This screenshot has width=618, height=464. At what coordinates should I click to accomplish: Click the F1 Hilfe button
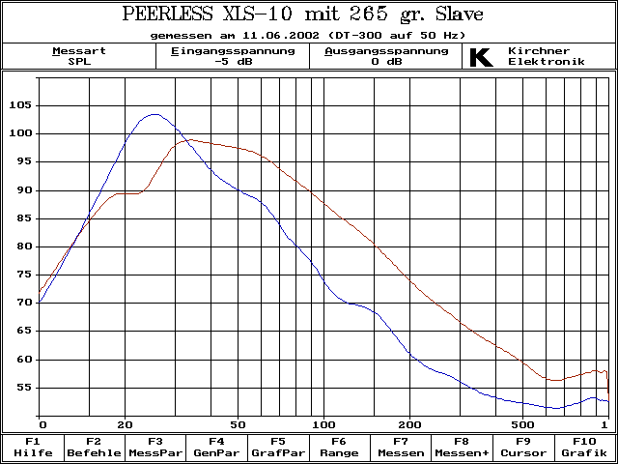coord(33,447)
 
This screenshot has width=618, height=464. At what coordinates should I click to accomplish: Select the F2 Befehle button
coord(94,447)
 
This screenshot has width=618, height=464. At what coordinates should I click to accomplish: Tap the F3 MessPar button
coord(155,447)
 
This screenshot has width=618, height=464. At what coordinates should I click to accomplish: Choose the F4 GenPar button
coord(216,447)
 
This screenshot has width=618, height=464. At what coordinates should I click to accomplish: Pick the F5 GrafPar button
coord(277,447)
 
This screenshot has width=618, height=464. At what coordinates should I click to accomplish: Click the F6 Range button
coord(339,447)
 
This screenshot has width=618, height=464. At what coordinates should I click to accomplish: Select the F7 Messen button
coord(400,447)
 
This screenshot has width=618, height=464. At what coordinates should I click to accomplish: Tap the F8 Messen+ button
coord(461,447)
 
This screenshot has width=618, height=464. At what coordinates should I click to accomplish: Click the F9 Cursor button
coord(522,447)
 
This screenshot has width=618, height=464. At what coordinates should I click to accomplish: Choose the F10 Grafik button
coord(583,447)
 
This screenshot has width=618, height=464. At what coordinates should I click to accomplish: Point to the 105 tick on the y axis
coord(21,105)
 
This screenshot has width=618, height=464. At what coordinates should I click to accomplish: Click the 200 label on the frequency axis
coord(411,424)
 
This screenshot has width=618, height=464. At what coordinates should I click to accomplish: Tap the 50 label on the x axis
coord(237,424)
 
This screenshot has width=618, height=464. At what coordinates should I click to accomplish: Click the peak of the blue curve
coord(153,114)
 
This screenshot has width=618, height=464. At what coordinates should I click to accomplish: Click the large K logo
coord(480,57)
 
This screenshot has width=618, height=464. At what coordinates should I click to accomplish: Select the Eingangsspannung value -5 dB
coord(233,62)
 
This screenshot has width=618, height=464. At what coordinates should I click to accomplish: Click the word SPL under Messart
coord(79,62)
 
